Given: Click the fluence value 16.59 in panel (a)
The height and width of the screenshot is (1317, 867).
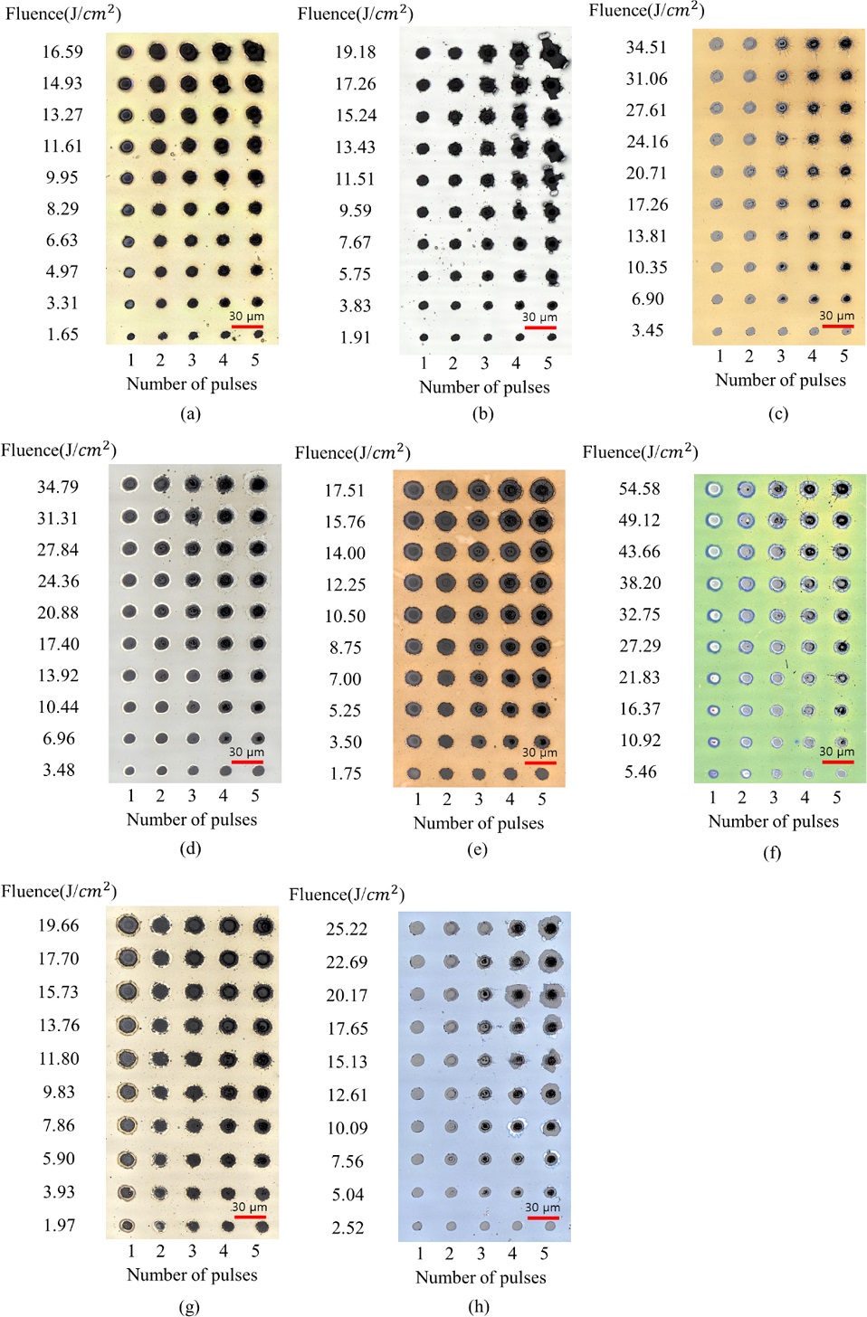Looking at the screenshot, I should click(62, 52).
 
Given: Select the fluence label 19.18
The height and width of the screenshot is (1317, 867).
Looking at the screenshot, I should click(355, 52).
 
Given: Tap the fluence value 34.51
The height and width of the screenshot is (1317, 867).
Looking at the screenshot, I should click(646, 47).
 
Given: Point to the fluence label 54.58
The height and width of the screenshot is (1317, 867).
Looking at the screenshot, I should click(639, 489).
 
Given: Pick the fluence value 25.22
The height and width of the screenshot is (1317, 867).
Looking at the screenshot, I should click(347, 929).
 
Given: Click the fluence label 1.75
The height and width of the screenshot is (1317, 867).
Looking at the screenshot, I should click(345, 773).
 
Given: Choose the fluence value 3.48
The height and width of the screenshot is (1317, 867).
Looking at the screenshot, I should click(59, 770).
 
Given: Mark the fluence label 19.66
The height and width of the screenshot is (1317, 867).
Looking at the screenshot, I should click(59, 925).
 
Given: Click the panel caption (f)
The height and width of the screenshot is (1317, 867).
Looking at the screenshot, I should click(772, 852).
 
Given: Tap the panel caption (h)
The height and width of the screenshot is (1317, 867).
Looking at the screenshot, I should click(480, 1306).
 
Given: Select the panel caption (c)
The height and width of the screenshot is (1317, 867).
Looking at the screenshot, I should click(778, 413).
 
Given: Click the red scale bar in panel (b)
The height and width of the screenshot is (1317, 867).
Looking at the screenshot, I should click(540, 327).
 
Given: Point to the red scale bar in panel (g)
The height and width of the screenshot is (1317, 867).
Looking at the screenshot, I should click(250, 1218).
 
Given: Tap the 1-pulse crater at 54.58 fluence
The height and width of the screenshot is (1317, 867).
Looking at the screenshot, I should click(714, 489).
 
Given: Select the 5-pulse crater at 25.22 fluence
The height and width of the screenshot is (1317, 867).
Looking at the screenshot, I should click(549, 929).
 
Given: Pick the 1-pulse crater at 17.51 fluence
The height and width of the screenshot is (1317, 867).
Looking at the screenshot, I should click(414, 490).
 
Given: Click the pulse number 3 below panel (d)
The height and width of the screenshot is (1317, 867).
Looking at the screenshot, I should click(192, 796).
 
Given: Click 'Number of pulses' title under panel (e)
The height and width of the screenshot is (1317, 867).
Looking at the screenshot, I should click(479, 823).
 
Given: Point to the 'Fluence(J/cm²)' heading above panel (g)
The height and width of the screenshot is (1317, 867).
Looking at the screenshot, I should click(59, 891).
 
